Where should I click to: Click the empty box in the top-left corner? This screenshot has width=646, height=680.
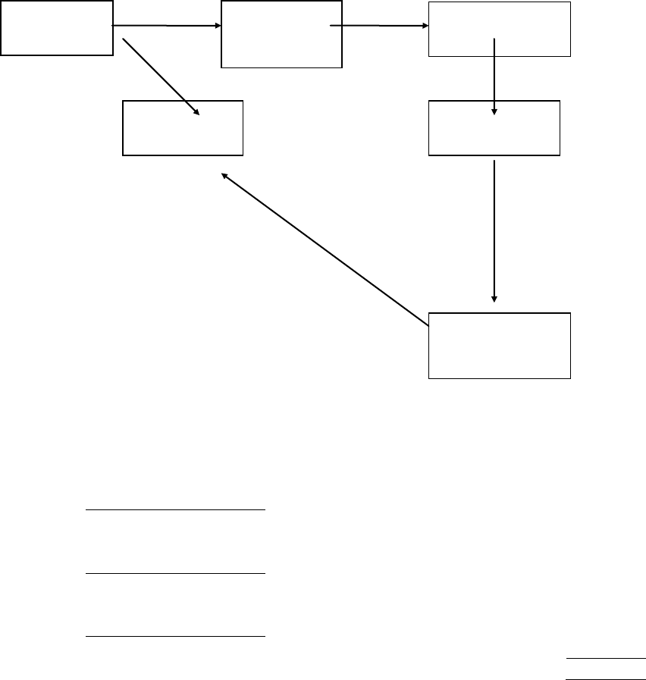pyautogui.click(x=57, y=28)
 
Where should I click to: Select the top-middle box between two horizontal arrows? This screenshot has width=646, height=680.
pyautogui.click(x=281, y=35)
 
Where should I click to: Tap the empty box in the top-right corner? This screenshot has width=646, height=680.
pyautogui.click(x=499, y=29)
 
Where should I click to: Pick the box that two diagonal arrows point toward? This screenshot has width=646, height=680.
pyautogui.click(x=183, y=128)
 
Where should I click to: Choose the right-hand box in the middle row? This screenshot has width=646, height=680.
pyautogui.click(x=494, y=128)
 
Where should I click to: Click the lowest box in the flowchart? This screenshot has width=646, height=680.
pyautogui.click(x=499, y=344)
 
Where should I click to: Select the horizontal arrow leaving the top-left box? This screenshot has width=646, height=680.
pyautogui.click(x=167, y=26)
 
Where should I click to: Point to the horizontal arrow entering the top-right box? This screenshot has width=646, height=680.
pyautogui.click(x=379, y=26)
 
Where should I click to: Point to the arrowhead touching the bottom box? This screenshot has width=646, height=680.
pyautogui.click(x=494, y=299)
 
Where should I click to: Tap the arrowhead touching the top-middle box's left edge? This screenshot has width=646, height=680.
pyautogui.click(x=216, y=26)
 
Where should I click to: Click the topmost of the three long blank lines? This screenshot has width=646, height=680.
pyautogui.click(x=175, y=510)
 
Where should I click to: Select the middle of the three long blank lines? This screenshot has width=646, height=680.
pyautogui.click(x=175, y=574)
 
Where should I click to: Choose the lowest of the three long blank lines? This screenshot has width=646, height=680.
pyautogui.click(x=175, y=635)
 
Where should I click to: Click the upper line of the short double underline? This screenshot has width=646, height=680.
pyautogui.click(x=606, y=657)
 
